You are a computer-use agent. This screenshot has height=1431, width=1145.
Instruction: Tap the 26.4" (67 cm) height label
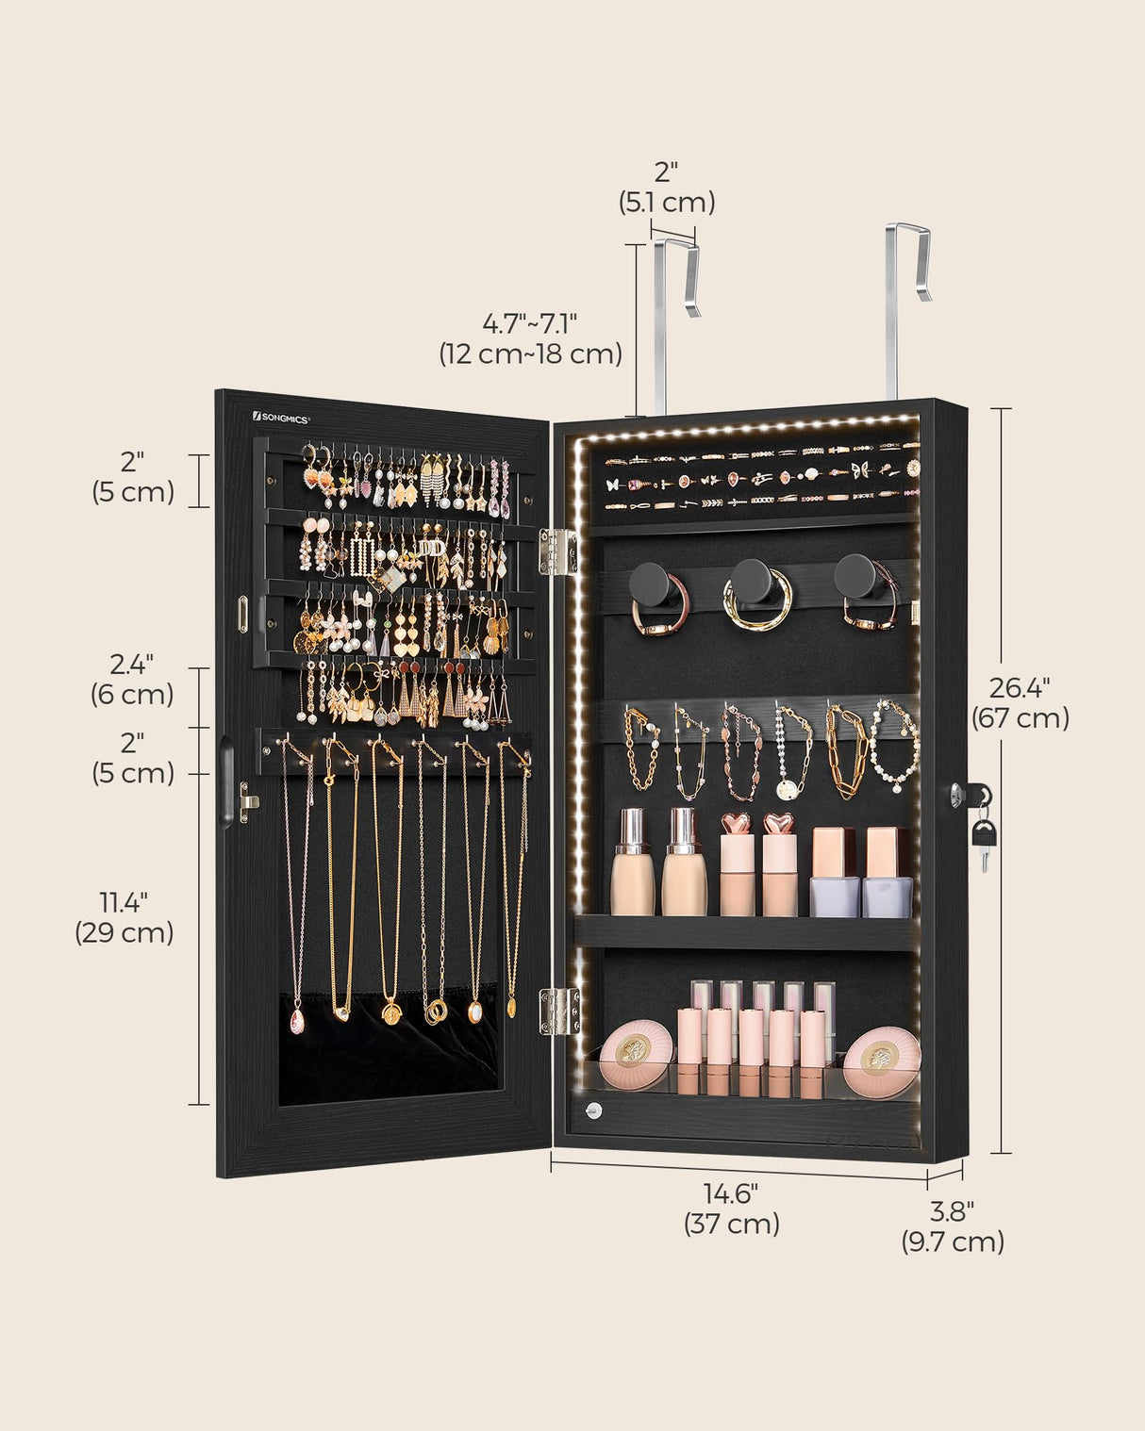point(1021,703)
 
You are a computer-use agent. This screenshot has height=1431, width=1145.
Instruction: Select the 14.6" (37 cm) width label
point(731,1209)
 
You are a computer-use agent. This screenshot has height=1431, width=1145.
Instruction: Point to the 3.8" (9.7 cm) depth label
point(953,1225)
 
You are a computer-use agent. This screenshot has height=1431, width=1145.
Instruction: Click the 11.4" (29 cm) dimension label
point(124,917)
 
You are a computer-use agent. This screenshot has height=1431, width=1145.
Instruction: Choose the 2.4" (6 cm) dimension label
point(132,680)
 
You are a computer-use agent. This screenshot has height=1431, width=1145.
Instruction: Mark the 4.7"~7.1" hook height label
point(530,338)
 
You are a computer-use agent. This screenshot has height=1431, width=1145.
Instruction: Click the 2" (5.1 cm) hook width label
point(667,187)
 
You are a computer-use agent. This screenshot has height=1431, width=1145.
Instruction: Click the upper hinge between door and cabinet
point(557,551)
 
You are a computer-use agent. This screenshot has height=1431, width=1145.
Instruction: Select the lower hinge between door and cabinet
point(559,1011)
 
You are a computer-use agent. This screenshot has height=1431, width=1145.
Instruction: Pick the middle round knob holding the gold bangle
point(753,582)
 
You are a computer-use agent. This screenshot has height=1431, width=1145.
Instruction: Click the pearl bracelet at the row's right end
point(894,745)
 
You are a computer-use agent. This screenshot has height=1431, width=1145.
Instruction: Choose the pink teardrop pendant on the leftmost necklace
point(297,1021)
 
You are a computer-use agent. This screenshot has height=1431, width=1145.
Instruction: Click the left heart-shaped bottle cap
point(736,824)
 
